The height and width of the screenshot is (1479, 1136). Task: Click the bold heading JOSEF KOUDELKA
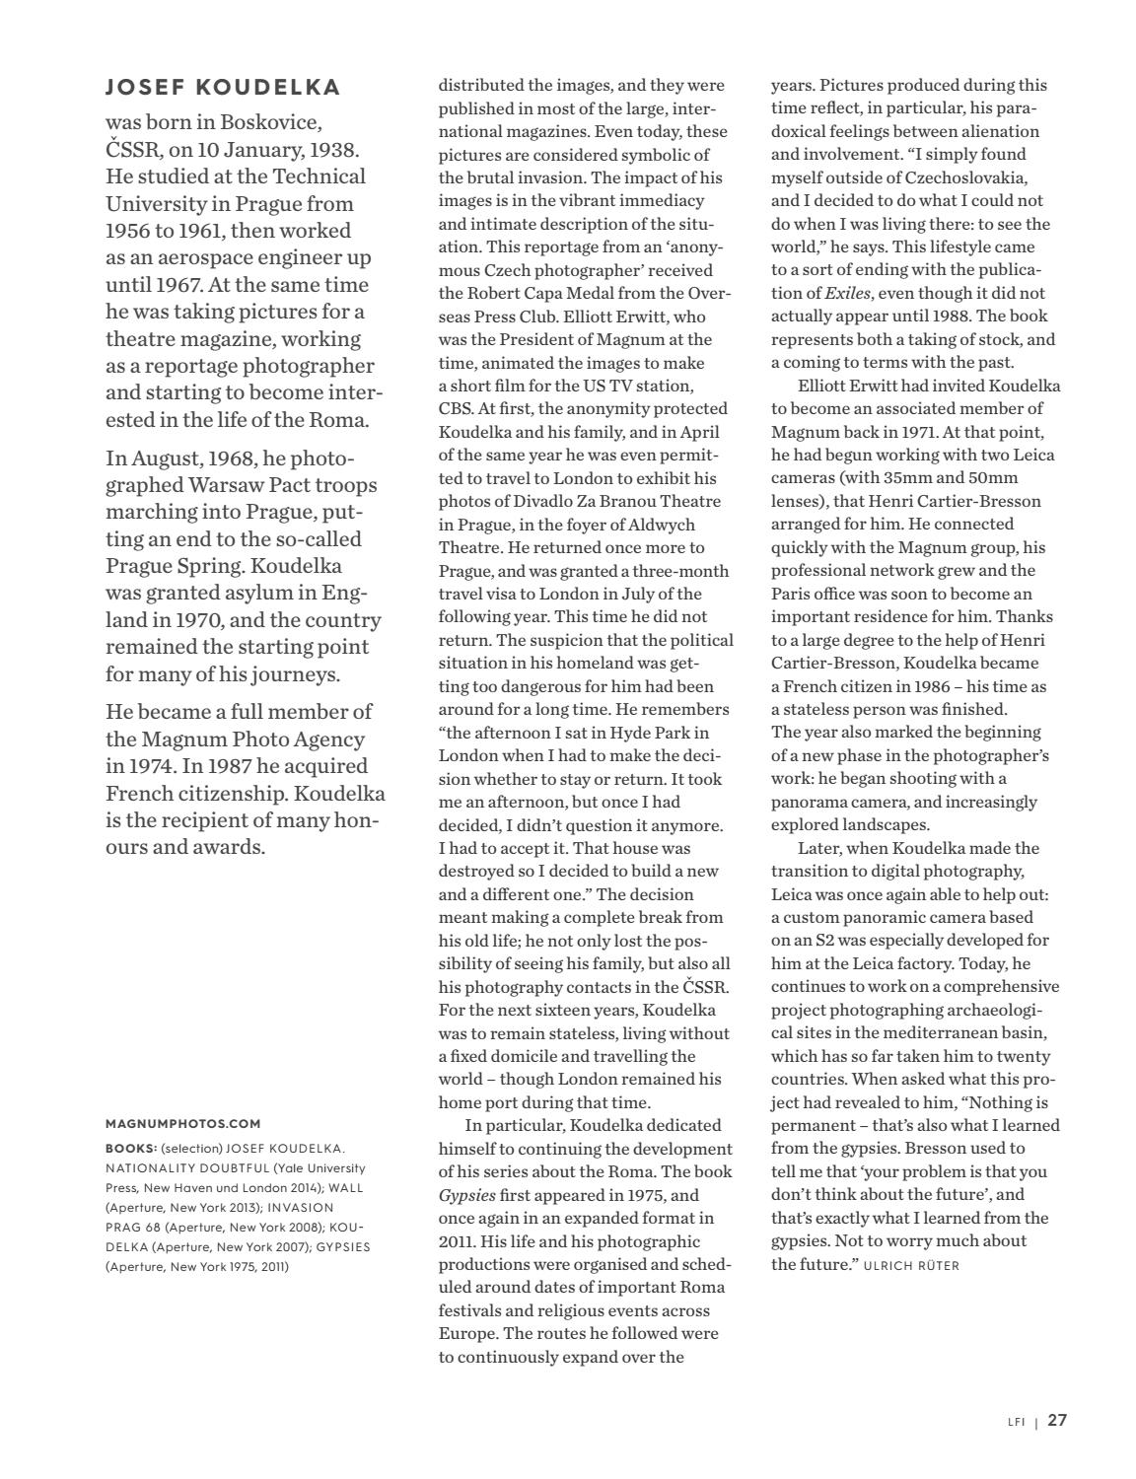coord(223,88)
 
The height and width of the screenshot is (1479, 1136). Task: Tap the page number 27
coord(1057,1420)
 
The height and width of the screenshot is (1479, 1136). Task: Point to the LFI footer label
coord(1016,1422)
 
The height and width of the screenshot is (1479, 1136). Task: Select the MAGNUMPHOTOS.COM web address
coord(183,1123)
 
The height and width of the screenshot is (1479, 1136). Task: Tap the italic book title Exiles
coord(846,293)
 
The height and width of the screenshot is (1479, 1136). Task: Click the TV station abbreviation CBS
coord(457,408)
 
